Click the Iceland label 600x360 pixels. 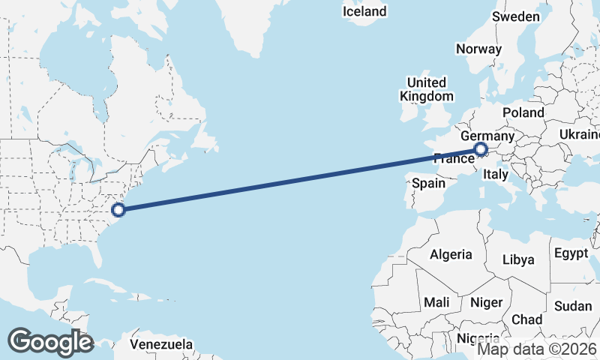[364, 11]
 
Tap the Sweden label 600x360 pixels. [515, 16]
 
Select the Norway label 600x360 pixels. [478, 49]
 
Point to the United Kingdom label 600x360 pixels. [427, 89]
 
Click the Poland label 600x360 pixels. [523, 112]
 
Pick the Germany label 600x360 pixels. [487, 136]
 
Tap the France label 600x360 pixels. [454, 158]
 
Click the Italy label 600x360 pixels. [496, 174]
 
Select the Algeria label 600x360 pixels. [451, 254]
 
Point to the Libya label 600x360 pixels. [518, 259]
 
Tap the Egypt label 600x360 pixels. [571, 253]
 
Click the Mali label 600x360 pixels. [436, 301]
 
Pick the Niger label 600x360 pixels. [485, 303]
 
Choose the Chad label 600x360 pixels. [526, 319]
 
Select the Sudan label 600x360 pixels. [573, 306]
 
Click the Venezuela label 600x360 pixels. [161, 345]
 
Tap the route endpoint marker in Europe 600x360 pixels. [481, 151]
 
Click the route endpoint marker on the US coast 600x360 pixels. [118, 209]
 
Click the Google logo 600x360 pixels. [50, 341]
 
